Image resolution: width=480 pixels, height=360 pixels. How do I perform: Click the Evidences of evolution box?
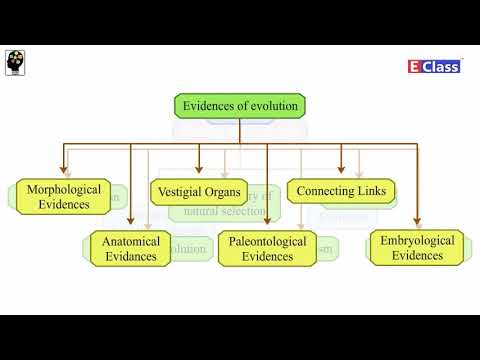coord(240,105)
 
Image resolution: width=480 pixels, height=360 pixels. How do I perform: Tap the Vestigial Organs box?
coord(198,189)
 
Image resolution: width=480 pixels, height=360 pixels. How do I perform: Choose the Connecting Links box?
coord(341,189)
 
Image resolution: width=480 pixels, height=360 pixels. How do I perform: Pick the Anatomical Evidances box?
coord(130,248)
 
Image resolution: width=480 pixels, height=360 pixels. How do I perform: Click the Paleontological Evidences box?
coord(267,248)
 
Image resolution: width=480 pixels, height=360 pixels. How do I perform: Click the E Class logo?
coord(435,66)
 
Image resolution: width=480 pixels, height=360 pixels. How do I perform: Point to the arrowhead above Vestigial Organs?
coord(199,171)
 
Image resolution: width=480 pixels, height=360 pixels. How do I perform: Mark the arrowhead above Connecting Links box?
coord(341,171)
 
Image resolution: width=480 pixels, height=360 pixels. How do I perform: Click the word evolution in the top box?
coord(272,105)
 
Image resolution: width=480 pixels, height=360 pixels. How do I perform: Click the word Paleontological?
coord(267,241)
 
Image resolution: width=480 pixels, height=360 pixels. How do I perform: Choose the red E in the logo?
coord(415,66)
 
